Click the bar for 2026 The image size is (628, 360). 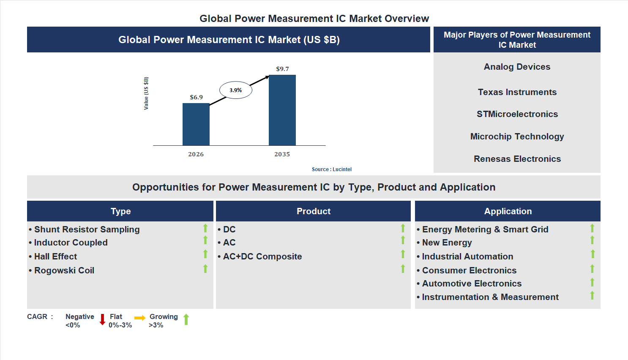coord(196,124)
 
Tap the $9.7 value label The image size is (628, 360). coord(282,69)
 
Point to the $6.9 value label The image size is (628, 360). coord(196,97)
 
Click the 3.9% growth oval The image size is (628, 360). coord(235,90)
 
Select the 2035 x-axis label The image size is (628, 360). coord(282,154)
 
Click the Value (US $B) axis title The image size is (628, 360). coord(146,93)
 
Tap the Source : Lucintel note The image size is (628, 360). coord(331,169)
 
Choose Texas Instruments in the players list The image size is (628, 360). coord(517,92)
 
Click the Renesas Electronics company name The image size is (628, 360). coord(517,159)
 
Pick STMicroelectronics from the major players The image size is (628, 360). coord(517,114)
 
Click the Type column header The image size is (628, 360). coord(120,211)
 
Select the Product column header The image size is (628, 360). coord(313,211)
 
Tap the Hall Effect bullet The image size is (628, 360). coord(55,256)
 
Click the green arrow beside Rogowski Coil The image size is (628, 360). coord(205,268)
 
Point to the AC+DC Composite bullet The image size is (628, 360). coord(262,256)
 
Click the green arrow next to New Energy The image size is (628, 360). coord(592,240)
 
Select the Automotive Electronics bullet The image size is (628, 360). coord(472,284)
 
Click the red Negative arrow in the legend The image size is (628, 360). coord(102,319)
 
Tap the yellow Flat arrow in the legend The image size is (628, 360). coord(139,318)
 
